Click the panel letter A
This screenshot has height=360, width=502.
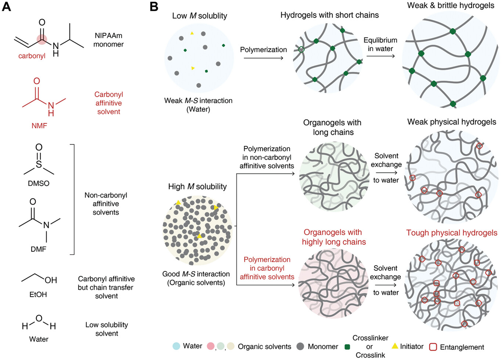click(x=6, y=7)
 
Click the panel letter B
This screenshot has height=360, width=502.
click(x=154, y=7)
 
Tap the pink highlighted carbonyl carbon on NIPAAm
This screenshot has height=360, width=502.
click(x=42, y=39)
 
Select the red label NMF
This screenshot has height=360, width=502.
click(x=39, y=126)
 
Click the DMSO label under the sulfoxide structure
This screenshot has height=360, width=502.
click(x=39, y=183)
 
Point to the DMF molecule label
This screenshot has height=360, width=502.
click(x=39, y=249)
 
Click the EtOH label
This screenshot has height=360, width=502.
click(x=38, y=294)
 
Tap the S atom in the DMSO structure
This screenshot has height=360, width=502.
click(x=39, y=164)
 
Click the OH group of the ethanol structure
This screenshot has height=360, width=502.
click(x=51, y=280)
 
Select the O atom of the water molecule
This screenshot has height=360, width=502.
click(x=39, y=318)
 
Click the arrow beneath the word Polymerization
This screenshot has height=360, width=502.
click(x=263, y=58)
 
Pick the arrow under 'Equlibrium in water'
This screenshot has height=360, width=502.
click(x=380, y=56)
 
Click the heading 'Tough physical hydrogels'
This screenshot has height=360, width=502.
click(x=452, y=233)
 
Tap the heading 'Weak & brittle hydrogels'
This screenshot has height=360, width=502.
click(x=451, y=6)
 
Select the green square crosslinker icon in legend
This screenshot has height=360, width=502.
click(x=347, y=347)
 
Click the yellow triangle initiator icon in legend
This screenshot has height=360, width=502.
click(x=395, y=346)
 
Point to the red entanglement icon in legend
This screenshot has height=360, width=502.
click(x=433, y=347)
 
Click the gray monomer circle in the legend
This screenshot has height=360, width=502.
click(x=300, y=346)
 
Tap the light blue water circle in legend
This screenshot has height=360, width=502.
click(x=176, y=346)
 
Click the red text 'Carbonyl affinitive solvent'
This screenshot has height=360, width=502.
click(x=108, y=103)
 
